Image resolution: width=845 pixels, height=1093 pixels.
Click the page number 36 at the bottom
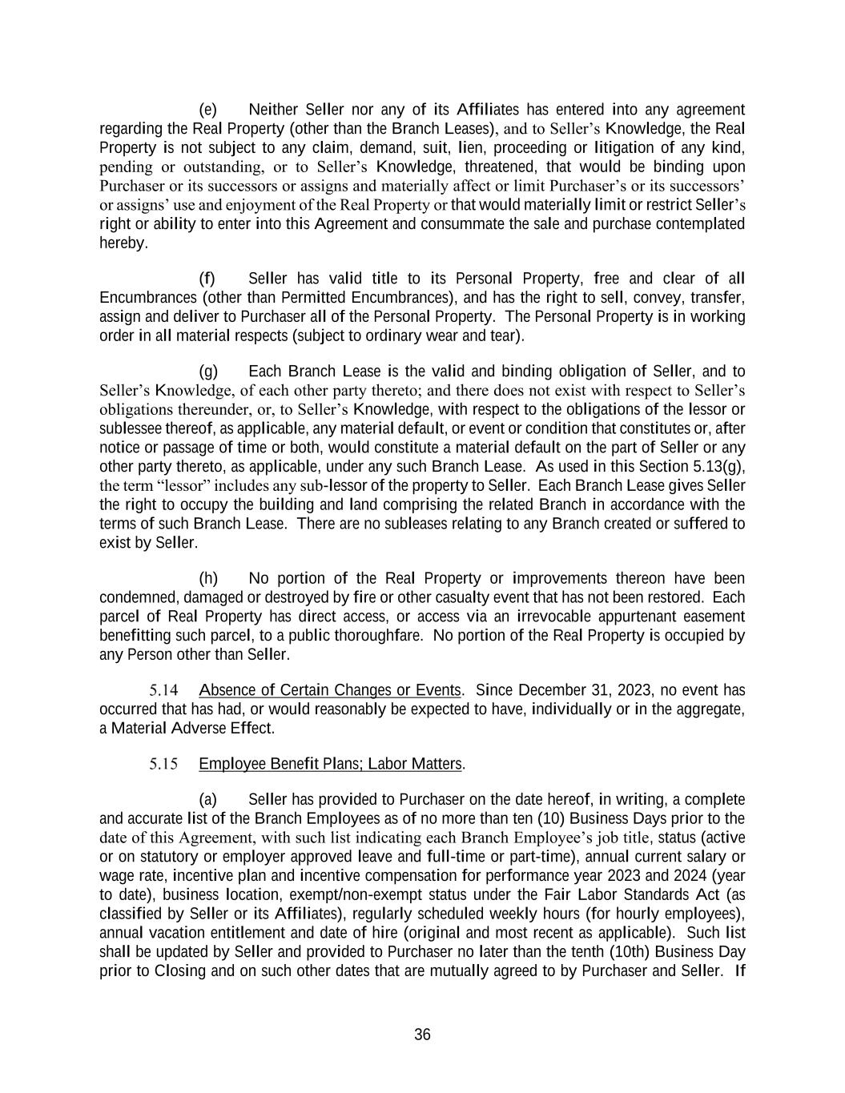(422, 1035)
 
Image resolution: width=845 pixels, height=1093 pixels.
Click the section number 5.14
(163, 690)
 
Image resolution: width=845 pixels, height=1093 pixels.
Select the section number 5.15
(163, 764)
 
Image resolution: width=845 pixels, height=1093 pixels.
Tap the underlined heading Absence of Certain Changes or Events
(330, 690)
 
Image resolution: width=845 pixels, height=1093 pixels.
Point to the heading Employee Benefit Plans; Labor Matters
(330, 764)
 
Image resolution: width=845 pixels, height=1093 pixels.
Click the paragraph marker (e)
(207, 110)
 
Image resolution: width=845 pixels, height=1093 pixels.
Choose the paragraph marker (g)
(207, 372)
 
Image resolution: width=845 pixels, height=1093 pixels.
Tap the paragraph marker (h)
(207, 578)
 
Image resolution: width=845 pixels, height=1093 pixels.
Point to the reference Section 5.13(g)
(706, 467)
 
